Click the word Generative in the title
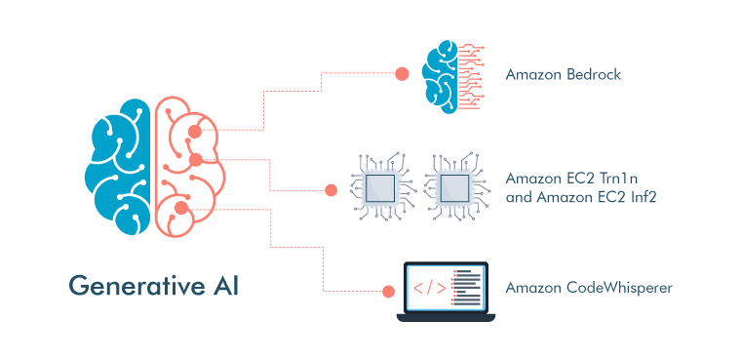tap(134, 287)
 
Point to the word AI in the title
tap(224, 287)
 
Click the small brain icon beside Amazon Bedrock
tap(451, 75)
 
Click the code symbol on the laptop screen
tap(430, 288)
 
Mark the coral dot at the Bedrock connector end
tap(401, 73)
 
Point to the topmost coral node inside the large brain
tap(194, 131)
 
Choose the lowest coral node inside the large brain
tap(179, 207)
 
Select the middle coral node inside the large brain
tap(195, 158)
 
